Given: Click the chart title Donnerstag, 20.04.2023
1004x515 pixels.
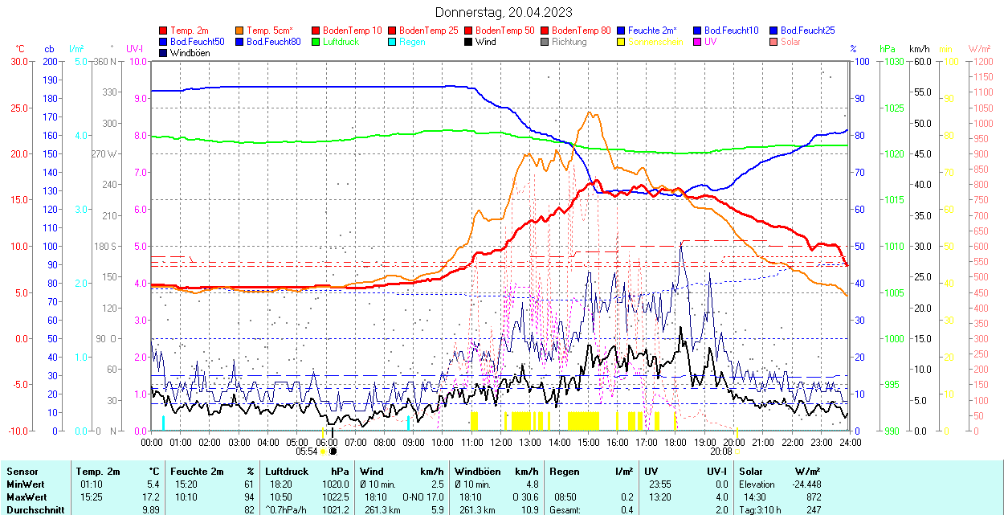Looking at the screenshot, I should pos(504,12).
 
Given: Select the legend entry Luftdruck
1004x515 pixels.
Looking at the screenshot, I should pos(340,42).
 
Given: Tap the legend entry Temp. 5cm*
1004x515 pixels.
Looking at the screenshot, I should pos(269,31).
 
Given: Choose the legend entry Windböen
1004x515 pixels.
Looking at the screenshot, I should pos(190,53).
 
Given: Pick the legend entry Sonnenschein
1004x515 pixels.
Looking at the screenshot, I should pos(655,42).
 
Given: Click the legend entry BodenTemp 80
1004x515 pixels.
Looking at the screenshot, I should pos(582,31).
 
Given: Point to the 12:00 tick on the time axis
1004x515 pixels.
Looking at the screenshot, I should pos(501,442).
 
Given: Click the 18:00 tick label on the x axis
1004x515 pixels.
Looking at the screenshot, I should pos(675,442).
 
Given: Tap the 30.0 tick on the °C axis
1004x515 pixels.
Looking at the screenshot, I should pos(18,62).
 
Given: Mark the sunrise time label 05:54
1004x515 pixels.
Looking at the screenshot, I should pos(306,452).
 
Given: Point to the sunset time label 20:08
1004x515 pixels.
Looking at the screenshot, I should pos(720,452).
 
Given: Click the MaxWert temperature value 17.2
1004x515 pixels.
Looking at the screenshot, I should pos(151,497).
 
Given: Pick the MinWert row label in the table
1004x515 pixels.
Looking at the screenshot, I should pos(27,484).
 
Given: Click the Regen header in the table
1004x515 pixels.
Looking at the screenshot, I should pos(564,472).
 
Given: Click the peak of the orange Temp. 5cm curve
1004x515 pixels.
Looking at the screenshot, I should pos(590,112).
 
